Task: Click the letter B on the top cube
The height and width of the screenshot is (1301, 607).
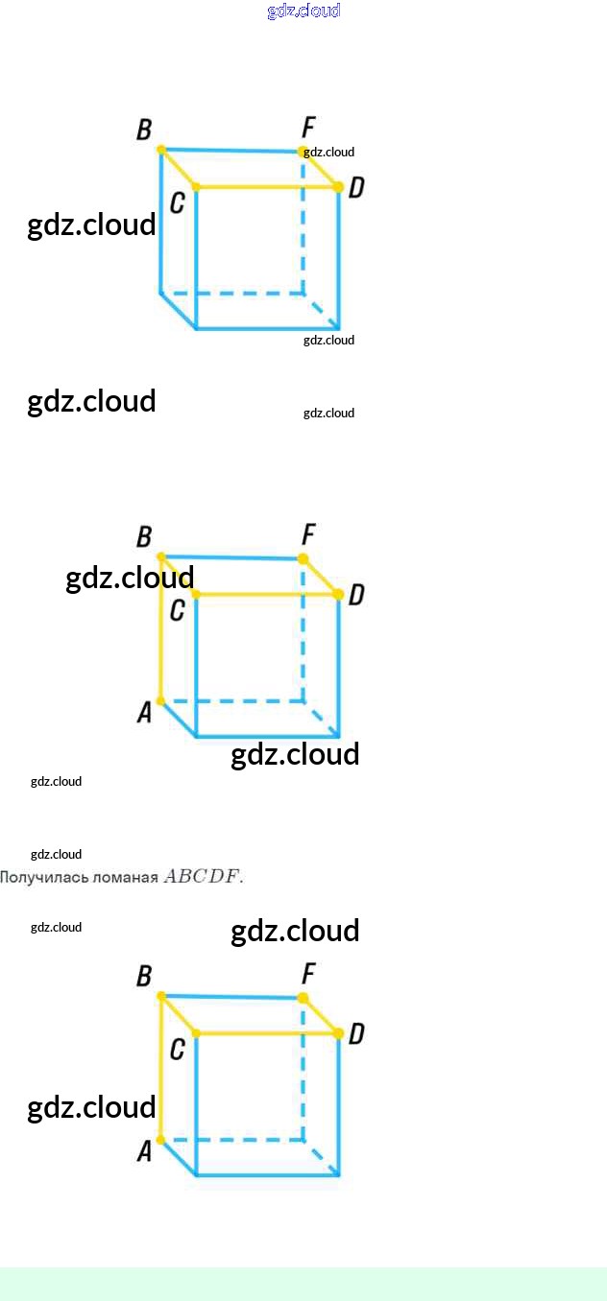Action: coord(144,130)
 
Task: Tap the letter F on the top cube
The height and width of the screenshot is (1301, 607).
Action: coord(308,127)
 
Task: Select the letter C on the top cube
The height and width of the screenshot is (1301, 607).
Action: coord(177,202)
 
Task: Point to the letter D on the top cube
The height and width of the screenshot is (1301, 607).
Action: coord(356,187)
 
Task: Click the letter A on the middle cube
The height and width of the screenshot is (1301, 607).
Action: coord(145,712)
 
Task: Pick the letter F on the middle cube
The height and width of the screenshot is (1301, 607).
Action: coord(308,534)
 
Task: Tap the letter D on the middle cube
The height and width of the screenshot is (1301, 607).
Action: coord(356,595)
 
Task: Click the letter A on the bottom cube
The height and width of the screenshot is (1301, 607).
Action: coord(145,1150)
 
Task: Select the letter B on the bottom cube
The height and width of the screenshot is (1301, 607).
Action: coord(144,977)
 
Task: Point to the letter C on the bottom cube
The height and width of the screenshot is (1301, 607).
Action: coord(177,1050)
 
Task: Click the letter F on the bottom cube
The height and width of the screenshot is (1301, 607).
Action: coord(308,975)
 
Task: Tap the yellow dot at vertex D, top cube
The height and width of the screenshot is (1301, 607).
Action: coord(338,186)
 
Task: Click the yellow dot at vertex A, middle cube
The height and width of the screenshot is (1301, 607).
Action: coord(160,701)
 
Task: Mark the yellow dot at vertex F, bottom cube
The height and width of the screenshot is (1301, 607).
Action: coord(303,998)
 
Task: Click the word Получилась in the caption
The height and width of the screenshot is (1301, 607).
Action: coord(35,877)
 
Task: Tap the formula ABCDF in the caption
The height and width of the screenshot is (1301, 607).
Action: coord(203,876)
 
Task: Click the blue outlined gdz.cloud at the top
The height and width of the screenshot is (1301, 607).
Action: coord(303,12)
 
